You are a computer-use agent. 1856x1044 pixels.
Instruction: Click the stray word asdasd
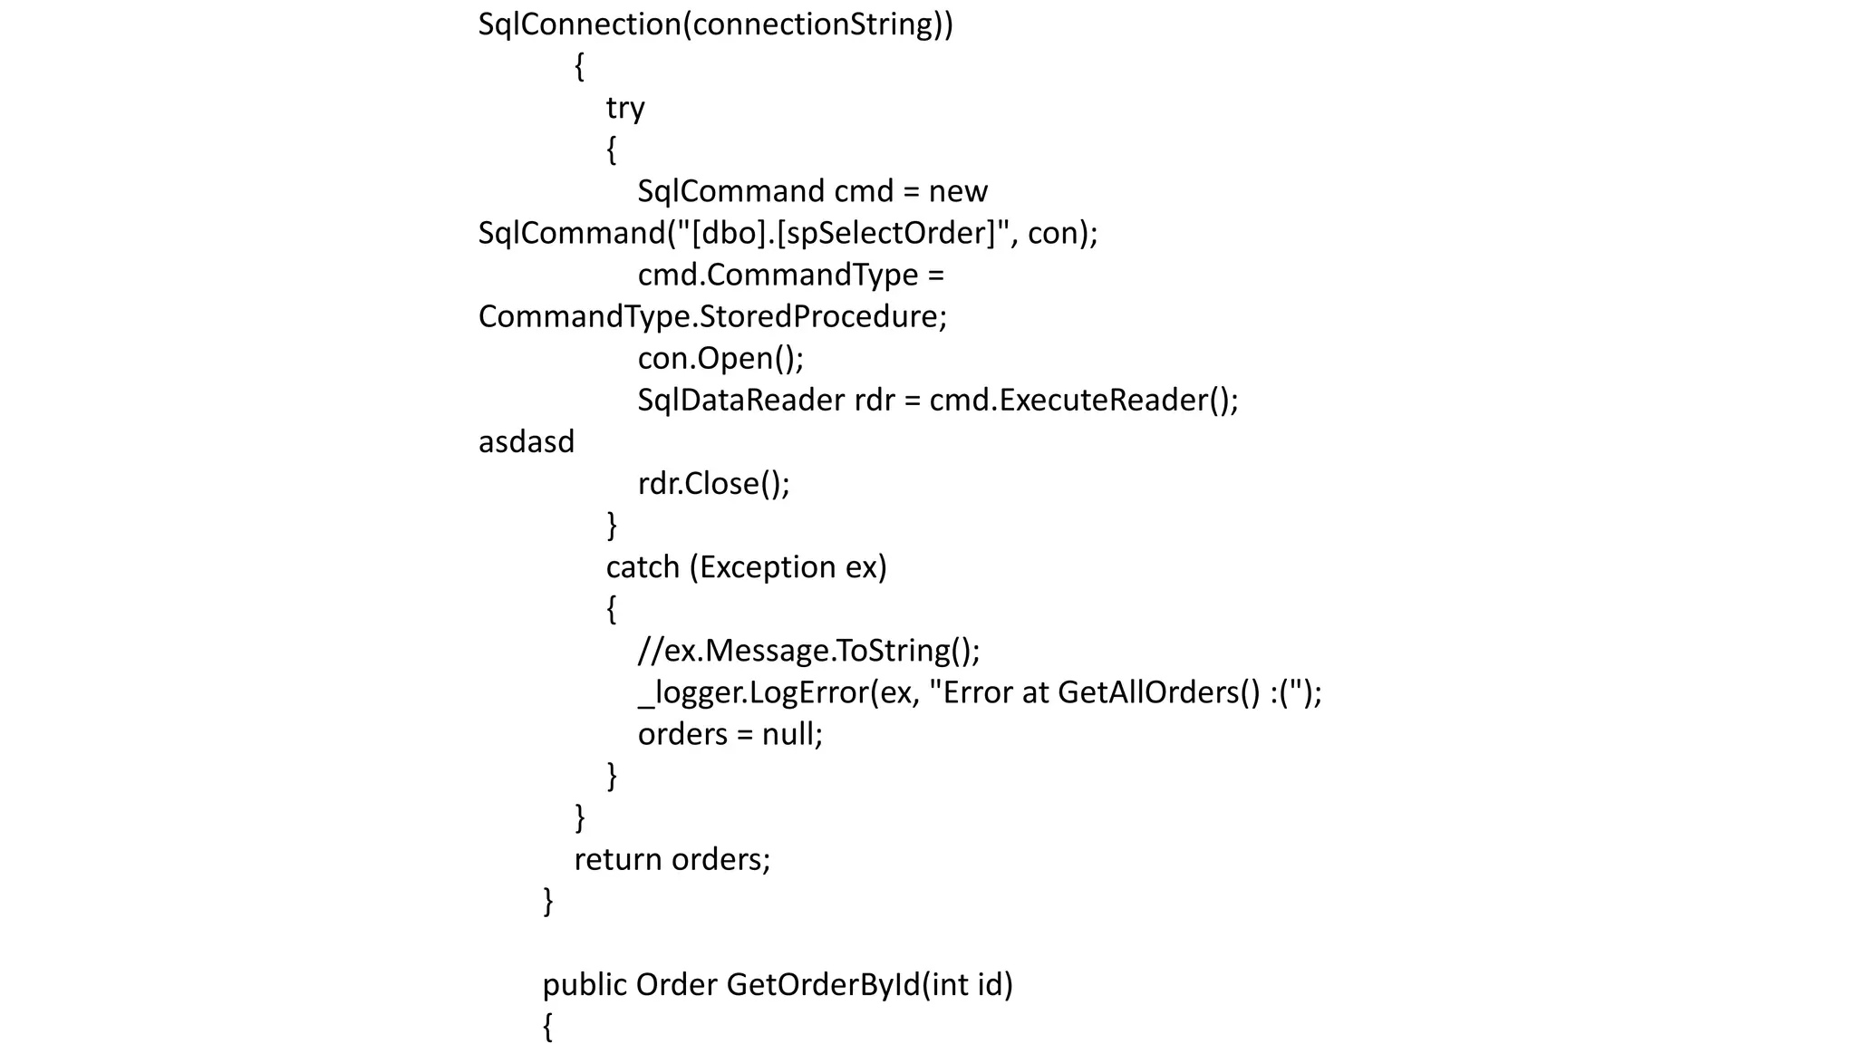[527, 442]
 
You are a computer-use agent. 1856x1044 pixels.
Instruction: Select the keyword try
[625, 108]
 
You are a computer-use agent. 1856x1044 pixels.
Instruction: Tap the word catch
[643, 567]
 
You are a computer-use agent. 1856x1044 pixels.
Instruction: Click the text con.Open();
[720, 359]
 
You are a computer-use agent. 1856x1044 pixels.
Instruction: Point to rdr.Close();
[713, 484]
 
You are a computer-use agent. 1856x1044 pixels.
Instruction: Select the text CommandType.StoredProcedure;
[712, 317]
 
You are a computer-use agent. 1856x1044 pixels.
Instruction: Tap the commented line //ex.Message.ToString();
[808, 651]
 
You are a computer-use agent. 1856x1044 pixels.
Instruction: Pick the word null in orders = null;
[791, 734]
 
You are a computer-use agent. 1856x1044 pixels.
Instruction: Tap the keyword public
[585, 984]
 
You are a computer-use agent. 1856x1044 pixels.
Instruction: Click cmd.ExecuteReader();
[1084, 401]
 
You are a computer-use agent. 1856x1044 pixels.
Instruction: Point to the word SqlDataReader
[740, 401]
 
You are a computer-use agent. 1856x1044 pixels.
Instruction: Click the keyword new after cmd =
[958, 192]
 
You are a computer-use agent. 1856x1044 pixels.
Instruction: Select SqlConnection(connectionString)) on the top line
[716, 24]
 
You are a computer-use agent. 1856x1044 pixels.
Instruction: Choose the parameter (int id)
[968, 984]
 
